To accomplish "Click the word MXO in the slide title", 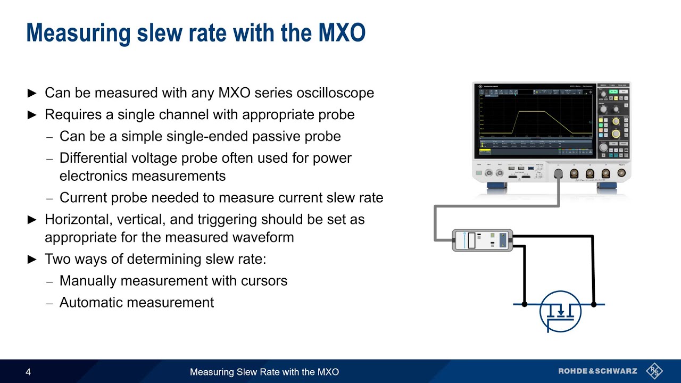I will coord(342,33).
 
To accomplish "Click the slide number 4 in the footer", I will coord(28,372).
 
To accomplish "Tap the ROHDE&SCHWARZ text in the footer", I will coord(599,371).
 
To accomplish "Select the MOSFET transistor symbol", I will coord(560,312).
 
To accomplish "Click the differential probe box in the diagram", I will coord(482,240).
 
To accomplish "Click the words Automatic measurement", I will coord(137,302).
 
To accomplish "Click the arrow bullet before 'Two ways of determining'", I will coord(32,260).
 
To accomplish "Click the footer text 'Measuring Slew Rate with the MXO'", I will coord(264,372).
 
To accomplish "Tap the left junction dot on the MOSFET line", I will coord(525,304).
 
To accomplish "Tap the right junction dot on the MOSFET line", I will coord(594,304).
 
